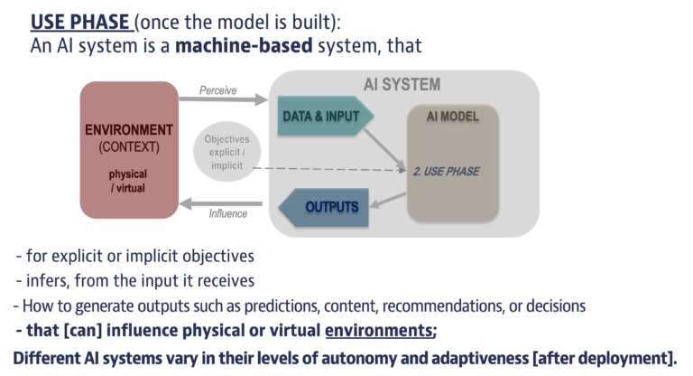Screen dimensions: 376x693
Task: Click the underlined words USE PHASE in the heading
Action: [85, 19]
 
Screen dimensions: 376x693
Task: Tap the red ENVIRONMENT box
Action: [128, 148]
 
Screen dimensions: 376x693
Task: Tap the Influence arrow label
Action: [228, 214]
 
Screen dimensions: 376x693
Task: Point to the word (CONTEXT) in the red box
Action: [128, 146]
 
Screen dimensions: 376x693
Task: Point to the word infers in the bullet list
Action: [50, 280]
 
